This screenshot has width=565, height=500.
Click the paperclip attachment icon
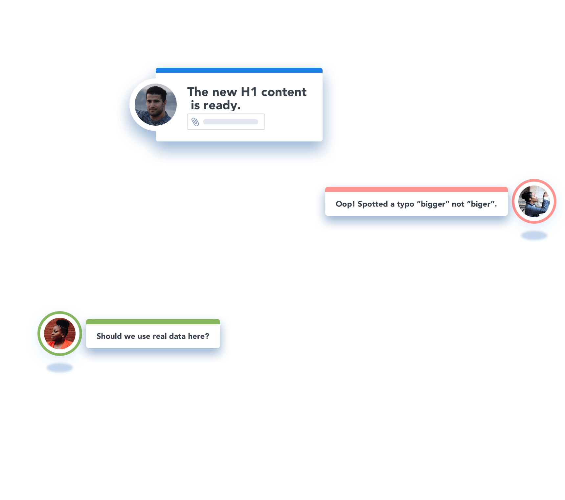[195, 122]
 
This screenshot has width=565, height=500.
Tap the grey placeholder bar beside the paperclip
[230, 122]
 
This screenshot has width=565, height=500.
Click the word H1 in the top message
[249, 92]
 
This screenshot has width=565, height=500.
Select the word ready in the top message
[222, 106]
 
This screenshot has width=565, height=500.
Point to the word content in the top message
[283, 92]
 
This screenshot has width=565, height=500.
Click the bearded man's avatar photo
[156, 105]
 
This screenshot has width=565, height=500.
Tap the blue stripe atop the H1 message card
[239, 70]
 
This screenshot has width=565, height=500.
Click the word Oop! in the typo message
[345, 204]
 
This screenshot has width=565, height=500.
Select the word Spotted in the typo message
[373, 204]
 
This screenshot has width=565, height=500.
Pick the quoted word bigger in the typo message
[433, 204]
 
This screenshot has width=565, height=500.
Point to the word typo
[405, 204]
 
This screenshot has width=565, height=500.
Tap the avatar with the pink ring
[534, 201]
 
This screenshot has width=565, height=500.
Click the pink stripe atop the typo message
[416, 189]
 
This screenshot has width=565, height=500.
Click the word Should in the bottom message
[109, 336]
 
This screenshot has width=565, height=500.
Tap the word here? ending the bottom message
[198, 336]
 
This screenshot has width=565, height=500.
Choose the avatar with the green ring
[60, 333]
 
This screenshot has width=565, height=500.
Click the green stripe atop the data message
[153, 322]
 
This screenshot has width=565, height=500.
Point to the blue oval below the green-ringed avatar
[60, 368]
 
